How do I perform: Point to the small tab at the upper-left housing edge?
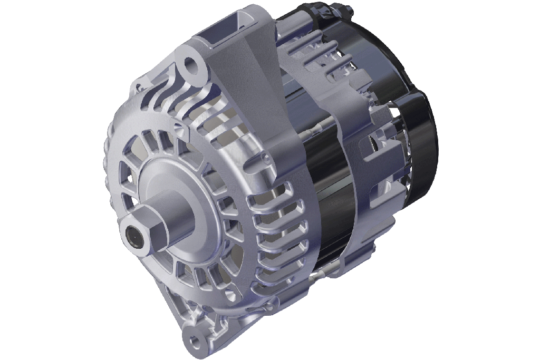pyautogui.click(x=138, y=83)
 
